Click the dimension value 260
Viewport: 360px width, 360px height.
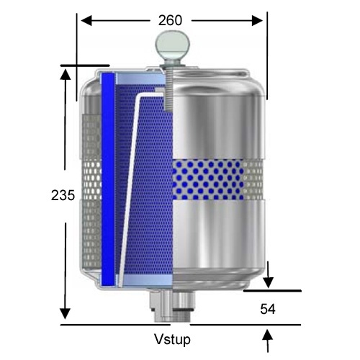pos(170,21)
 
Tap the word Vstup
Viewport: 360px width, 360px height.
pos(173,339)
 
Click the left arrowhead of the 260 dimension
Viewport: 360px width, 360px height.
pos(83,21)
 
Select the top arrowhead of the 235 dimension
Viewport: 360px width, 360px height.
pos(66,74)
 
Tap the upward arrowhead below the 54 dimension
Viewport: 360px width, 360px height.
pos(269,335)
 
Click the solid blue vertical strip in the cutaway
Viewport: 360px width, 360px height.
pos(108,180)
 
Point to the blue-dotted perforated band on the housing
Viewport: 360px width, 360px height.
pos(216,176)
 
